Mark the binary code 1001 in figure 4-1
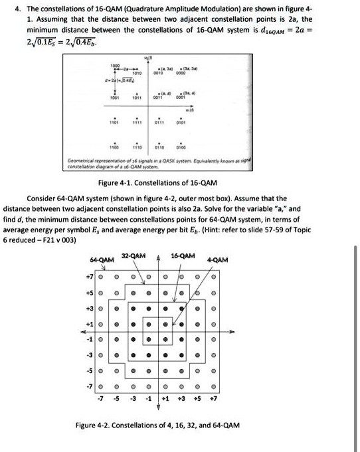pos(117,98)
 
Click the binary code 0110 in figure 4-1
pos(159,147)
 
